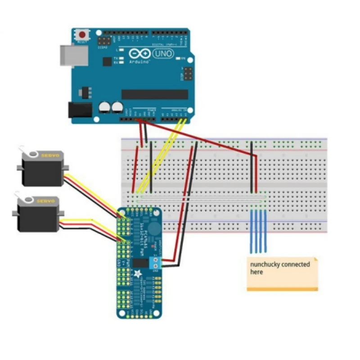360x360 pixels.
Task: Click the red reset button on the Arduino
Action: pyautogui.click(x=82, y=35)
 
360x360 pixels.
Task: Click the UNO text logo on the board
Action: pyautogui.click(x=163, y=54)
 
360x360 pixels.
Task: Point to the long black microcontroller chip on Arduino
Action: pyautogui.click(x=155, y=94)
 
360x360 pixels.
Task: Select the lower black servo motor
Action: pyautogui.click(x=38, y=215)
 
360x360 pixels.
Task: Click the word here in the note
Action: pyautogui.click(x=256, y=272)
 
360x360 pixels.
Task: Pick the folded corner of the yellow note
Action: pyautogui.click(x=315, y=260)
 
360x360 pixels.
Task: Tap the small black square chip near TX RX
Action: pyautogui.click(x=107, y=62)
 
